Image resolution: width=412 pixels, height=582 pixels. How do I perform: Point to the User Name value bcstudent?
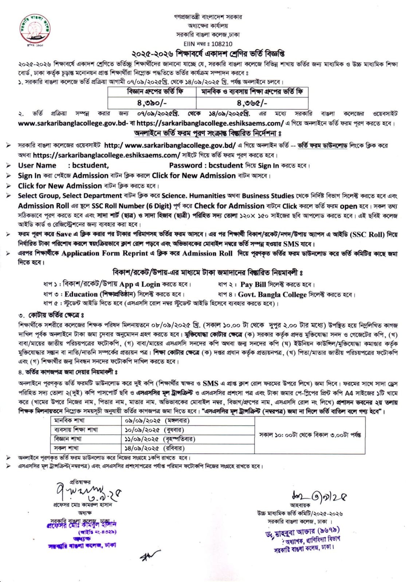point(90,165)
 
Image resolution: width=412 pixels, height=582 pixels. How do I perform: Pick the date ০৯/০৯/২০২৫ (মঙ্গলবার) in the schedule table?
point(157,421)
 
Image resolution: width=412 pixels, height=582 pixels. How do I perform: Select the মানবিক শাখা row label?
point(69,421)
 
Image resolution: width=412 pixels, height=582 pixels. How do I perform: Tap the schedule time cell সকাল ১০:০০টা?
point(310,435)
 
